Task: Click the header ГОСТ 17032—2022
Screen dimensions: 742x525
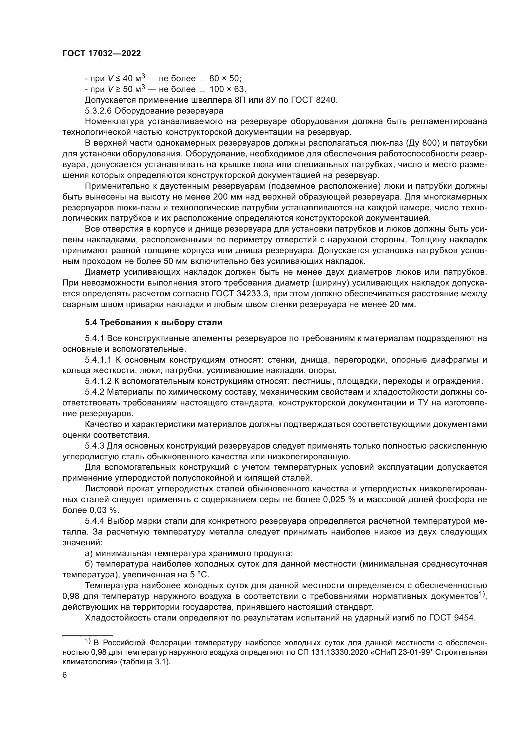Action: pos(102,54)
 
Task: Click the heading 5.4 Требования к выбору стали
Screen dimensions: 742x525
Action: pos(154,322)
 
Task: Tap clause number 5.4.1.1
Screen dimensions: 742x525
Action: pos(98,360)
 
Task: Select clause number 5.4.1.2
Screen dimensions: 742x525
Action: pos(98,381)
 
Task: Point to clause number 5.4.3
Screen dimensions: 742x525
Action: pos(94,446)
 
